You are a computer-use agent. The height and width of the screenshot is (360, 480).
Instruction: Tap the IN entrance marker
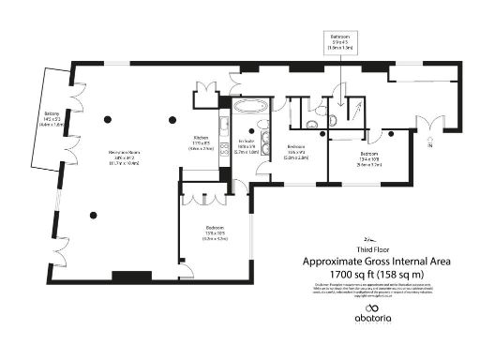[430, 145]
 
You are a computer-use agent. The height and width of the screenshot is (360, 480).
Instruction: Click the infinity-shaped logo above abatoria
[376, 311]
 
